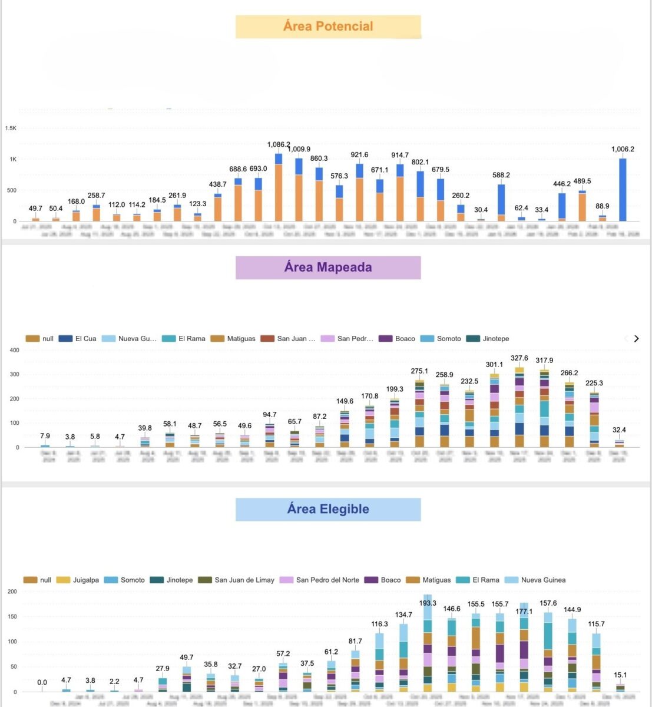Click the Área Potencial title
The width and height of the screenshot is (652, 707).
click(328, 27)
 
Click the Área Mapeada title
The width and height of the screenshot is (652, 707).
click(328, 267)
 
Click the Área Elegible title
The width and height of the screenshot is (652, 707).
click(328, 509)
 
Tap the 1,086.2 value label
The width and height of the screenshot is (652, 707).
click(279, 144)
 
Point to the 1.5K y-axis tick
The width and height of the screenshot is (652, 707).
click(11, 128)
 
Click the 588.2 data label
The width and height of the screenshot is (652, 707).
click(501, 175)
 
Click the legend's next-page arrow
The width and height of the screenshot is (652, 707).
click(636, 339)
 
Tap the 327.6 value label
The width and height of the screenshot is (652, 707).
click(519, 358)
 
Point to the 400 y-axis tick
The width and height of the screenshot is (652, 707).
click(14, 350)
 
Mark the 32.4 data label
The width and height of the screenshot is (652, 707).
click(619, 430)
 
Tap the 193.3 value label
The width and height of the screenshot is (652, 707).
click(428, 603)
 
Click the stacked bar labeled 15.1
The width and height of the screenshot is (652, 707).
click(620, 688)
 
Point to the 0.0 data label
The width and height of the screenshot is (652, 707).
click(42, 682)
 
